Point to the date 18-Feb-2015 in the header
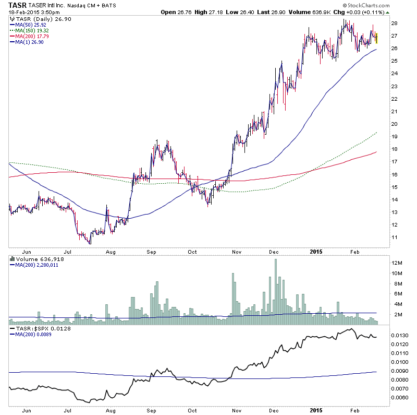pyautogui.click(x=23, y=11)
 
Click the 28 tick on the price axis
pyautogui.click(x=395, y=23)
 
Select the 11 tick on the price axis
pyautogui.click(x=395, y=237)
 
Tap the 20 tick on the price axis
pyautogui.click(x=395, y=124)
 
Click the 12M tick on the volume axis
pyautogui.click(x=397, y=263)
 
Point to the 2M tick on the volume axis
pyautogui.click(x=397, y=314)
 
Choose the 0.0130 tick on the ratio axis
pyautogui.click(x=401, y=335)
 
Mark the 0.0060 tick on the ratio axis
pyautogui.click(x=401, y=398)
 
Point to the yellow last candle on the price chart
pyautogui.click(x=376, y=38)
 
